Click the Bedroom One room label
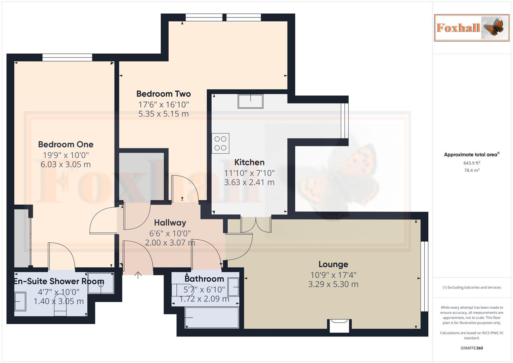(66, 145)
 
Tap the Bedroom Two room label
(163, 94)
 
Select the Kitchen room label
(249, 162)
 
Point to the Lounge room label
(333, 265)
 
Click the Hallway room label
(170, 223)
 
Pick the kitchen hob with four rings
(220, 144)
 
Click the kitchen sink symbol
(250, 101)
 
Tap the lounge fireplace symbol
(339, 325)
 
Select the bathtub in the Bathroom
(212, 318)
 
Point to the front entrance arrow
(138, 275)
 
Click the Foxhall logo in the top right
(471, 28)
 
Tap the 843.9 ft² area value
(472, 163)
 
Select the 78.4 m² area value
(472, 170)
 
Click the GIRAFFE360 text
(472, 348)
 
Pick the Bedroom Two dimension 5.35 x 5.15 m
(163, 114)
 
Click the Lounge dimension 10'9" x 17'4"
(333, 275)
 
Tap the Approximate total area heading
(471, 155)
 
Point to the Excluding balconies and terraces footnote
(472, 287)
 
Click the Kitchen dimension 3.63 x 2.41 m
(249, 183)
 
